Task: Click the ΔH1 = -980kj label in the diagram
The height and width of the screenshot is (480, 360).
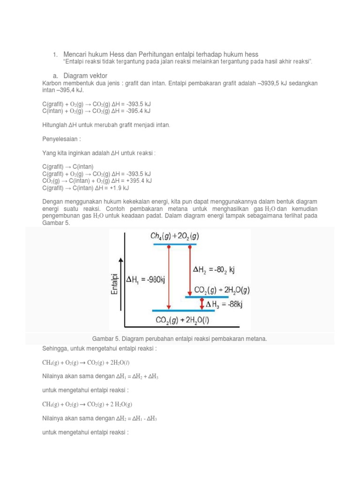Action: pyautogui.click(x=146, y=280)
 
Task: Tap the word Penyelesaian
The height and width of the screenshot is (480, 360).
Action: pyautogui.click(x=60, y=140)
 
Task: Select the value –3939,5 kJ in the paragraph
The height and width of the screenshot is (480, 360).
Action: pyautogui.click(x=271, y=83)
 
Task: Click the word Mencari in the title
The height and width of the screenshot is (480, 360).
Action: pyautogui.click(x=75, y=54)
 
